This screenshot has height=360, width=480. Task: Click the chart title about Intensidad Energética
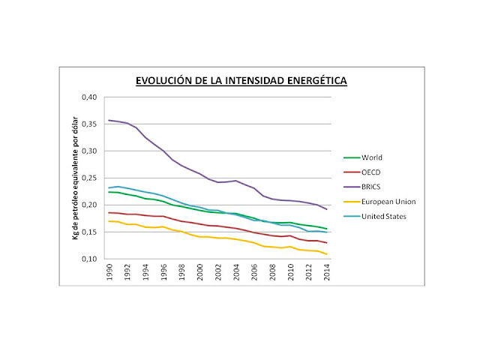pyautogui.click(x=240, y=79)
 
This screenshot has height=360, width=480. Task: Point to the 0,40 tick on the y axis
pyautogui.click(x=90, y=97)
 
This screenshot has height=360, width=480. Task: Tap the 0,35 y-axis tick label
pyautogui.click(x=90, y=124)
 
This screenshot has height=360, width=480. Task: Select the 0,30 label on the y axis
pyautogui.click(x=90, y=151)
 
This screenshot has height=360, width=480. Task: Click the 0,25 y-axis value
pyautogui.click(x=90, y=178)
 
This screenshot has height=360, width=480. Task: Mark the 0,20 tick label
pyautogui.click(x=90, y=205)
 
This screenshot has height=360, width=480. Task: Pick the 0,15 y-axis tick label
pyautogui.click(x=90, y=232)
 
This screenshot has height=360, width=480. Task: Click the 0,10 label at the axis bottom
pyautogui.click(x=90, y=259)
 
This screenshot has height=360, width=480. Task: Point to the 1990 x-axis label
pyautogui.click(x=109, y=274)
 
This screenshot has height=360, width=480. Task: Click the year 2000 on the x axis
pyautogui.click(x=200, y=274)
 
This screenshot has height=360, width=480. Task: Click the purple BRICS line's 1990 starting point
pyautogui.click(x=109, y=120)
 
